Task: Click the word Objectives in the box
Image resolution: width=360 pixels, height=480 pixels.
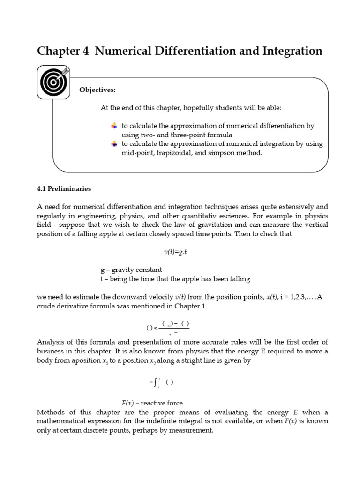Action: (97, 90)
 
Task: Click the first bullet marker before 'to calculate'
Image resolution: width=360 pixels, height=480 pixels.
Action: (114, 126)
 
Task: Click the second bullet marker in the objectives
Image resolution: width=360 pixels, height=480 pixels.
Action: (114, 144)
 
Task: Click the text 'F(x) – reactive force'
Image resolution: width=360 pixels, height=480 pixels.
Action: (152, 403)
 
